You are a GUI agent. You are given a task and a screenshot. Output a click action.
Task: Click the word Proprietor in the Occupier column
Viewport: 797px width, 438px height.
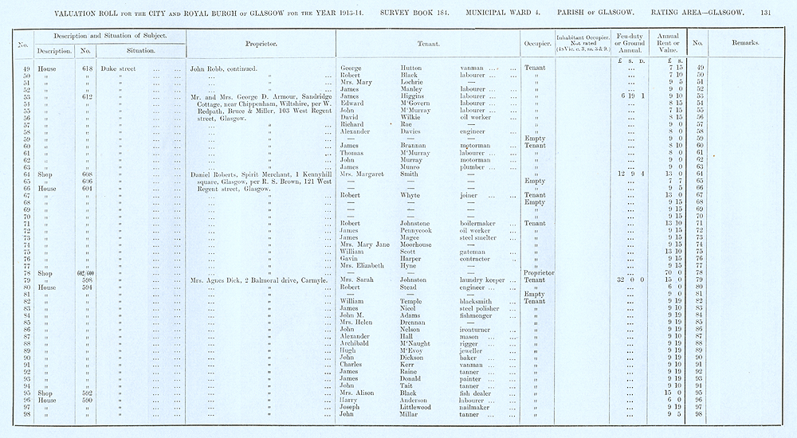(539, 273)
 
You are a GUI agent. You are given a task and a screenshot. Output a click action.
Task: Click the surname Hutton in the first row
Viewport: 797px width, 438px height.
(413, 68)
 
